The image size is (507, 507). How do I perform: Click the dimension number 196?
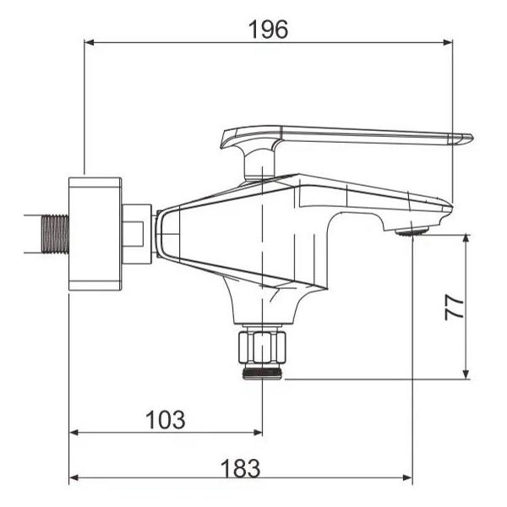tap(268, 29)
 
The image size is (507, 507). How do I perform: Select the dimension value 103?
tap(166, 419)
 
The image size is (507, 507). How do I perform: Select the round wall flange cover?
tap(95, 233)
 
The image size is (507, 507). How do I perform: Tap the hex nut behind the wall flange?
tap(136, 233)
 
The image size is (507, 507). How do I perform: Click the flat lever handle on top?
tap(355, 134)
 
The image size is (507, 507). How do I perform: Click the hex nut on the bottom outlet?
tap(262, 347)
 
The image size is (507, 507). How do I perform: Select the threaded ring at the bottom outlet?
tap(262, 373)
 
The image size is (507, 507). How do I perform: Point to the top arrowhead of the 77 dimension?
tap(466, 239)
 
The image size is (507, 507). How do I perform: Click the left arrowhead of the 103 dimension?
tap(74, 432)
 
